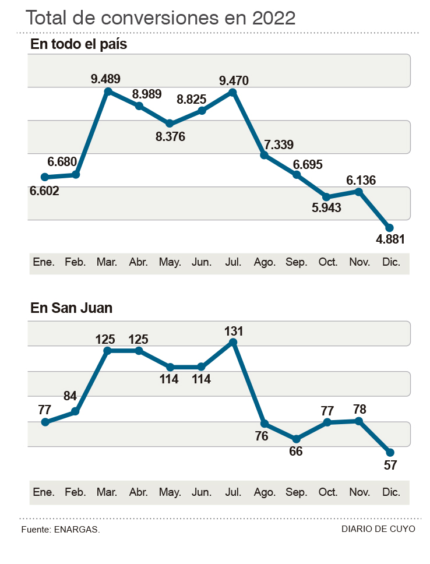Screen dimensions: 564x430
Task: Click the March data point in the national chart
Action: click(x=108, y=91)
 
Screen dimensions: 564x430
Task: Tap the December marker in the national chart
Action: click(x=390, y=228)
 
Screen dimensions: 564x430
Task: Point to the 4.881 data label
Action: click(x=390, y=239)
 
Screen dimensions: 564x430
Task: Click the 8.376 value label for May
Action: click(x=170, y=138)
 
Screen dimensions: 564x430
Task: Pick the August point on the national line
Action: click(x=264, y=156)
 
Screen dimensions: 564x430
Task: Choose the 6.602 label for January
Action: click(x=44, y=191)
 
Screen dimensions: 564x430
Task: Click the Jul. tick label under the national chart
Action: click(x=233, y=263)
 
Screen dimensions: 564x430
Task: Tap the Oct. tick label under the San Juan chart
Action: click(x=327, y=492)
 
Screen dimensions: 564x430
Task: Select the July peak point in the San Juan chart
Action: click(x=233, y=342)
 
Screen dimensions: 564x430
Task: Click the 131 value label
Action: click(x=233, y=331)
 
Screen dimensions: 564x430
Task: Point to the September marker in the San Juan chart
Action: click(x=296, y=439)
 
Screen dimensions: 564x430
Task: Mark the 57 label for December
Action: click(x=390, y=464)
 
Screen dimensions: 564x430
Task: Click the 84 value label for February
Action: click(x=70, y=397)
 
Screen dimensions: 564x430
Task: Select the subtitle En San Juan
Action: click(x=71, y=308)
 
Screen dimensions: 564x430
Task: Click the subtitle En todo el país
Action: click(x=79, y=44)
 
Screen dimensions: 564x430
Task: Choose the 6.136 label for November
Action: click(x=361, y=180)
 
